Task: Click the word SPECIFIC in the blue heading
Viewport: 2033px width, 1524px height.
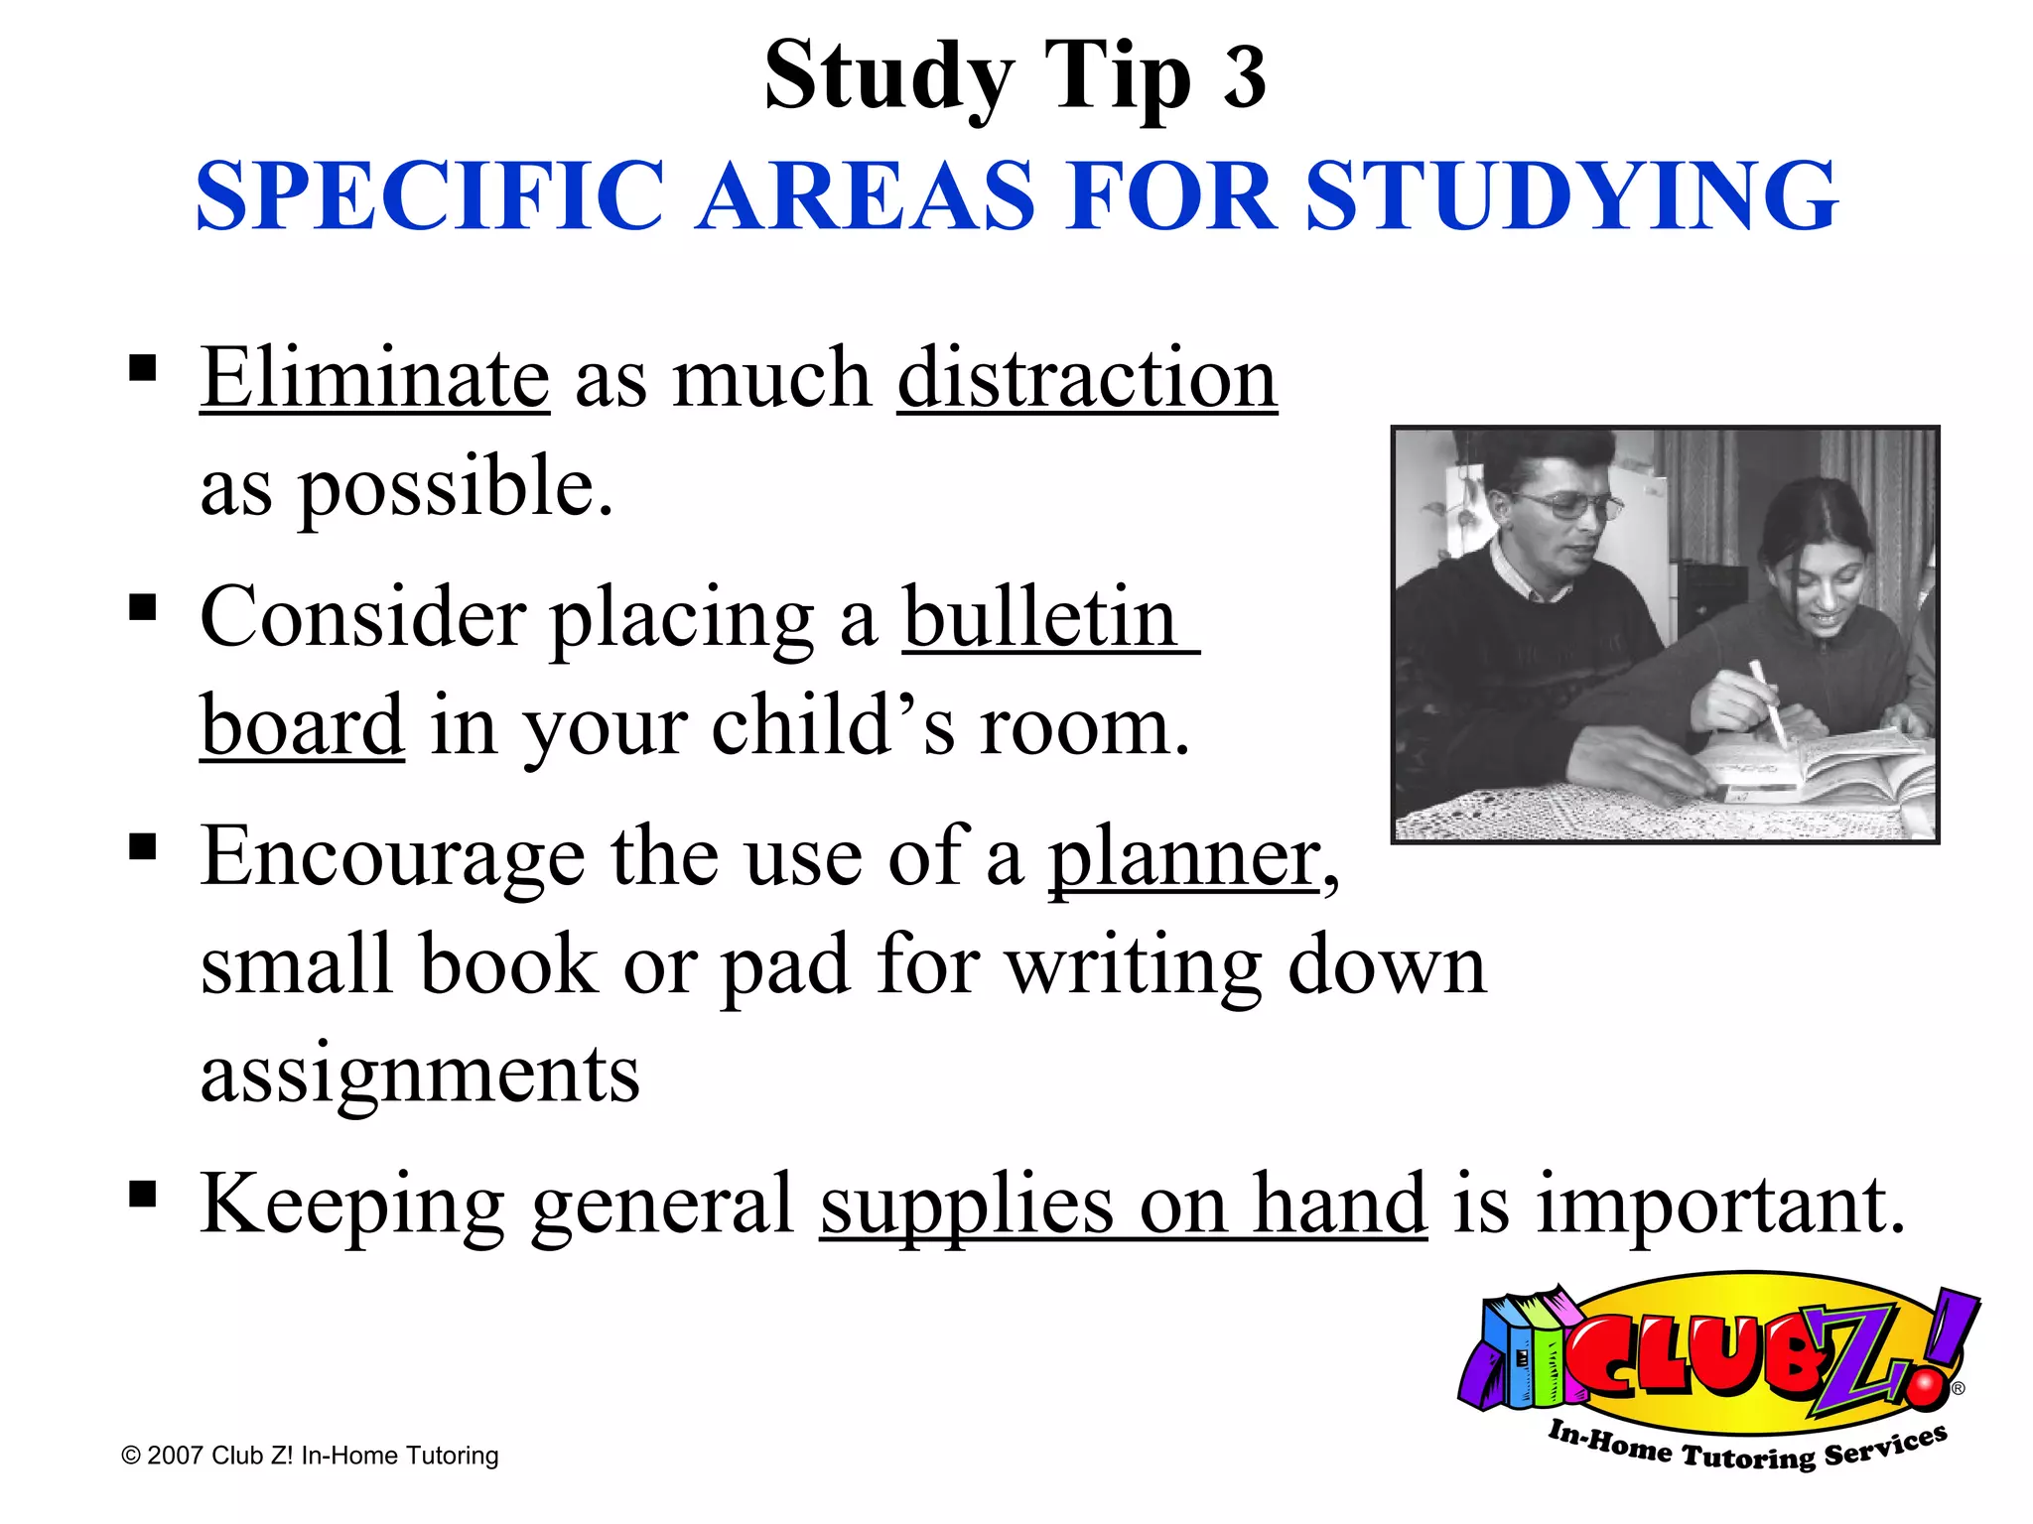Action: click(x=430, y=195)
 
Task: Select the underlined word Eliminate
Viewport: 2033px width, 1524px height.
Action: click(x=374, y=378)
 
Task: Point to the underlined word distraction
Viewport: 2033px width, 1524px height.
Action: click(x=1087, y=378)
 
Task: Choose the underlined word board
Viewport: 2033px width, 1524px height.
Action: click(x=302, y=726)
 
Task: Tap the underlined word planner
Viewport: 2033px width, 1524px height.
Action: click(x=1183, y=857)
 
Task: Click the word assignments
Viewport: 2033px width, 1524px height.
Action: click(x=420, y=1074)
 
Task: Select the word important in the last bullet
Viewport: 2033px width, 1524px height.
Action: click(x=1719, y=1205)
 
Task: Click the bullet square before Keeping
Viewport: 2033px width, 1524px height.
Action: click(x=143, y=1194)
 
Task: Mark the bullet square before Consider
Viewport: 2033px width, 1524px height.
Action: click(x=143, y=606)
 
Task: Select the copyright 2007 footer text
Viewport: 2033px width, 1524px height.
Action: click(x=310, y=1456)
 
